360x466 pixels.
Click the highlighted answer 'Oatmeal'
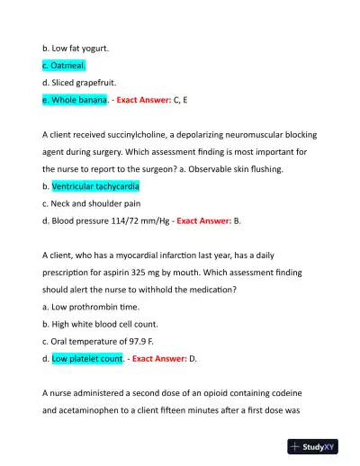(66, 66)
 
